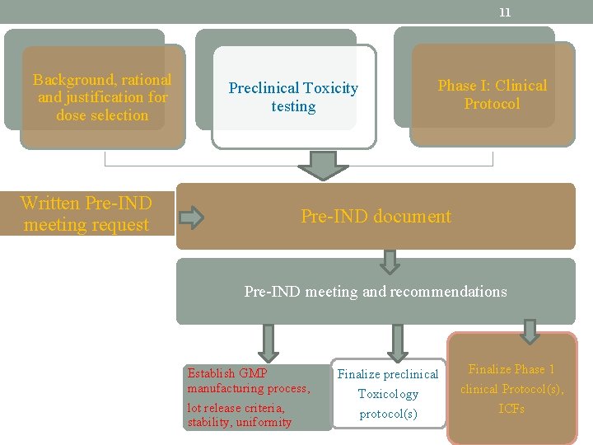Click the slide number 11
pos(505,12)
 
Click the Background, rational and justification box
pos(102,97)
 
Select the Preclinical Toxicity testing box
pos(293,97)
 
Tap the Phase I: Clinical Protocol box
pos(492,95)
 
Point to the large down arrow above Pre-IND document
pos(323,165)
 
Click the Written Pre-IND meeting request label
pos(86,214)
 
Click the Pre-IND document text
pos(376,217)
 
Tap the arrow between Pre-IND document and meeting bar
pos(390,261)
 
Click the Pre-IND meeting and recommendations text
pos(376,292)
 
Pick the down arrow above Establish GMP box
pos(268,341)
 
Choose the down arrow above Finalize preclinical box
pos(398,341)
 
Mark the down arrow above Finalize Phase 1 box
pos(530,331)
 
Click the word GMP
pos(253,373)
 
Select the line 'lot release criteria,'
pos(236,408)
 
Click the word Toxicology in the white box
pos(388,394)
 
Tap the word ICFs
pos(511,409)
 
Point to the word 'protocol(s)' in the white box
pos(388,414)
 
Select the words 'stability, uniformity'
pos(240,423)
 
